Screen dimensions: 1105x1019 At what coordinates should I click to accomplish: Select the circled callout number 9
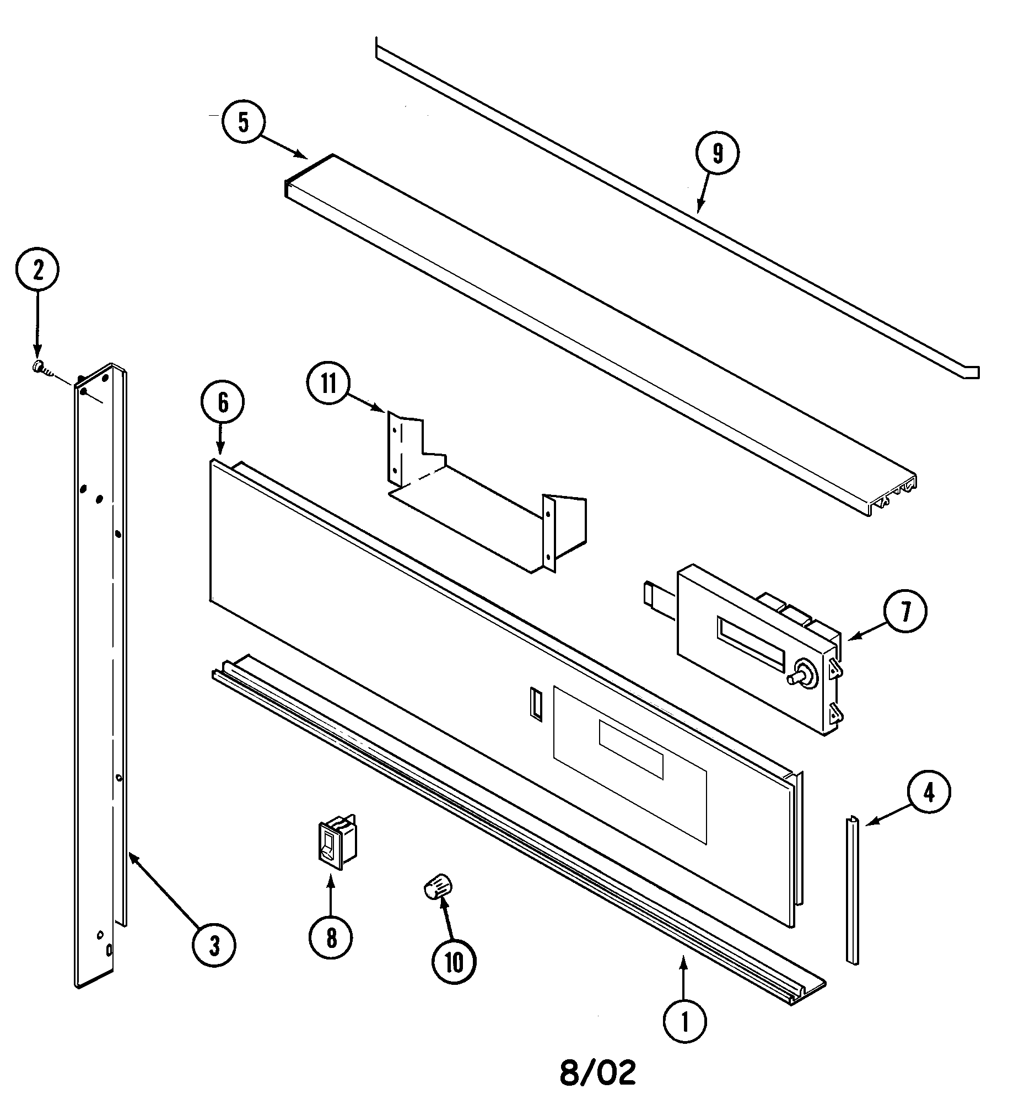point(717,154)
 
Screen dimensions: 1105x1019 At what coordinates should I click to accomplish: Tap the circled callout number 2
point(37,269)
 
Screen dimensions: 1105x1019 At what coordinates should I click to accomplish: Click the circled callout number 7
point(905,611)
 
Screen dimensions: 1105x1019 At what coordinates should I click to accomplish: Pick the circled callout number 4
point(929,793)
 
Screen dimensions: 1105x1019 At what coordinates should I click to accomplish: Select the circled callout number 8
point(331,938)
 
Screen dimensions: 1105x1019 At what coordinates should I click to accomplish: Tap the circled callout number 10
point(454,962)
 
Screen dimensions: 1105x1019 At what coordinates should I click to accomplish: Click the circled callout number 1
point(684,1022)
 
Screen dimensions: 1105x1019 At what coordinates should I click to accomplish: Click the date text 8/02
point(598,1073)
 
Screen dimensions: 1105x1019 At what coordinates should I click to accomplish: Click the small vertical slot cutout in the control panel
point(536,703)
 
